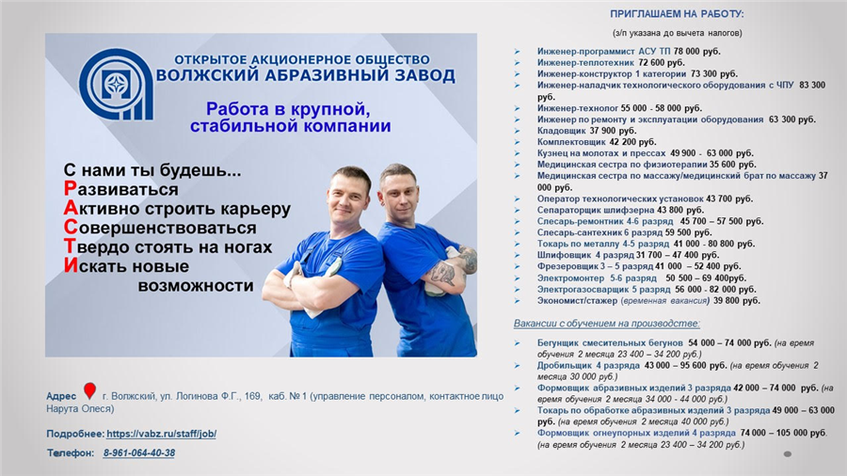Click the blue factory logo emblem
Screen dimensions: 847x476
click(116, 84)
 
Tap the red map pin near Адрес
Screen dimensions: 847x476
click(89, 390)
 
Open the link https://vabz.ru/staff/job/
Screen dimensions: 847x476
click(161, 434)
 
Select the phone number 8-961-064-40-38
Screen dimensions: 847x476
click(139, 453)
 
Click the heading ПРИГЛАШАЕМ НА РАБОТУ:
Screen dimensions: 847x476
click(677, 14)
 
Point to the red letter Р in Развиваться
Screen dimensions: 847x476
click(70, 189)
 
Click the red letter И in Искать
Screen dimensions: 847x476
click(71, 265)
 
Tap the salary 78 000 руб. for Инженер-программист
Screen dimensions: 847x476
click(696, 52)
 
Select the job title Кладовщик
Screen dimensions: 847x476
click(561, 131)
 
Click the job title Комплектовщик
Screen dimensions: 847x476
click(571, 142)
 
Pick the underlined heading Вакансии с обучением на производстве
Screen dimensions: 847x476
click(607, 324)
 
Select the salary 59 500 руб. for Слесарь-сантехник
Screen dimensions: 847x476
click(688, 232)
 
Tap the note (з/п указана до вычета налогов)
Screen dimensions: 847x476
click(678, 33)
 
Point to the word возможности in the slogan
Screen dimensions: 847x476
click(196, 285)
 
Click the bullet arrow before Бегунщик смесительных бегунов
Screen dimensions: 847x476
click(517, 343)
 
